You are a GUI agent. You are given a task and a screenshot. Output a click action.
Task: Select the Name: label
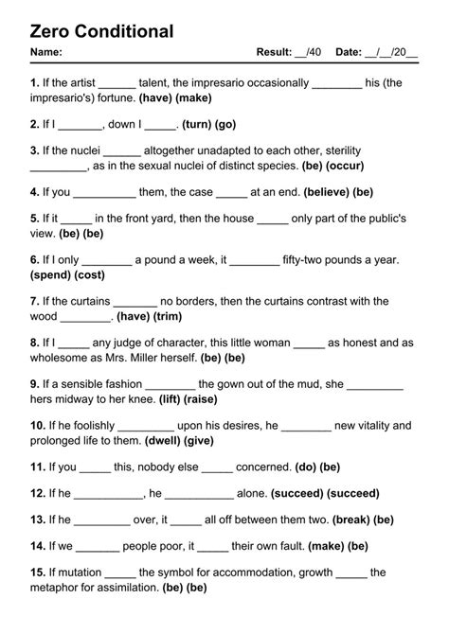coord(46,52)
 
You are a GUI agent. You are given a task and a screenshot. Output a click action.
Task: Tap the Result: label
coord(276,52)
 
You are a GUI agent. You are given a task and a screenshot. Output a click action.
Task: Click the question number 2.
coord(35,124)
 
